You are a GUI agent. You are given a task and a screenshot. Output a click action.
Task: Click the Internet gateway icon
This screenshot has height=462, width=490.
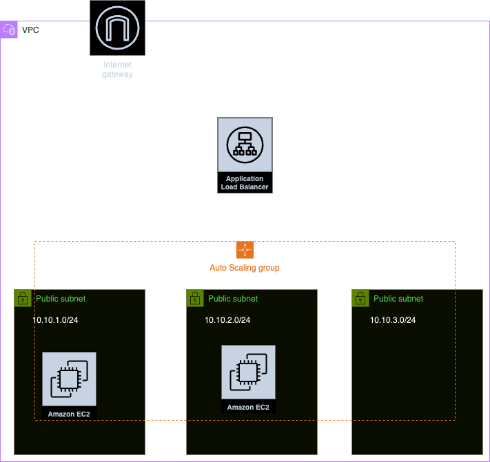tap(117, 28)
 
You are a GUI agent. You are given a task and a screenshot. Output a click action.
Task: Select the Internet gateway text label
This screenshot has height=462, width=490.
tap(117, 70)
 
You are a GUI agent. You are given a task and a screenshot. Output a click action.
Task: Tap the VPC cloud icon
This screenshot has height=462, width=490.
tap(9, 30)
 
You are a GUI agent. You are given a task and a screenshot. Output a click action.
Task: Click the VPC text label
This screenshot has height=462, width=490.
tap(30, 30)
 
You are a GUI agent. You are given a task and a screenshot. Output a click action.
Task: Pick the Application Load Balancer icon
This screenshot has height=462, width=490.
tap(245, 145)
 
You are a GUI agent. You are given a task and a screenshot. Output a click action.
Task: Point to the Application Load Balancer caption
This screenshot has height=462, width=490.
tap(245, 182)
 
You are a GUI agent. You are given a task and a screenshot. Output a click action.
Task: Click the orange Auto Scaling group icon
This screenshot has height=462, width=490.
tap(245, 250)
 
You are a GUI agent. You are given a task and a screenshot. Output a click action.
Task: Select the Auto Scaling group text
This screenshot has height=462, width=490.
tap(245, 268)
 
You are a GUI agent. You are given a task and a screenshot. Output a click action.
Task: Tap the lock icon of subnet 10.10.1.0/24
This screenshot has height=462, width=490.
tap(23, 298)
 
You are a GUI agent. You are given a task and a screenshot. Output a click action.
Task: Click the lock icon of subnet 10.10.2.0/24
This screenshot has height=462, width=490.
tap(195, 298)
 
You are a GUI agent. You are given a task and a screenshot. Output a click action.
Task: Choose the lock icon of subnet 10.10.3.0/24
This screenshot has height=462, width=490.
tap(360, 298)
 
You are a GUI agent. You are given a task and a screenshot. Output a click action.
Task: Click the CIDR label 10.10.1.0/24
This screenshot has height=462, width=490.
tap(55, 320)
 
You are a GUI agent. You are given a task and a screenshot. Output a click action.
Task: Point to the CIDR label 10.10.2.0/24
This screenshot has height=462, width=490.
tap(227, 320)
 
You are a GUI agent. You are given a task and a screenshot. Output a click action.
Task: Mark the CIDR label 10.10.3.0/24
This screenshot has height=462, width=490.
tap(393, 320)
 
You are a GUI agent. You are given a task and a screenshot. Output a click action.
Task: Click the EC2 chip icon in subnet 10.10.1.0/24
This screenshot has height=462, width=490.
tap(70, 379)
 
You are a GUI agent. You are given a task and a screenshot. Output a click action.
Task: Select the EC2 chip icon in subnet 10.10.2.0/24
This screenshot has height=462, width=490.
tap(248, 372)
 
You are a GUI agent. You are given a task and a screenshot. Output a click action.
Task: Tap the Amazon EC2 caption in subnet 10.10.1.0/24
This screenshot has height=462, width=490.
tap(69, 414)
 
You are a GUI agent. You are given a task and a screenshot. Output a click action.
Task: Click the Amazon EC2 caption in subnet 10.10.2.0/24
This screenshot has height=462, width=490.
tap(248, 408)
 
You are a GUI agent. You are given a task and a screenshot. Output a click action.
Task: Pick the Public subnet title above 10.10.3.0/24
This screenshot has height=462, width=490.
tap(398, 299)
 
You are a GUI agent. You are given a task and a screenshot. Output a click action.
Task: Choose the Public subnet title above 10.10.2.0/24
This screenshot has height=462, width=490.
tap(233, 299)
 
